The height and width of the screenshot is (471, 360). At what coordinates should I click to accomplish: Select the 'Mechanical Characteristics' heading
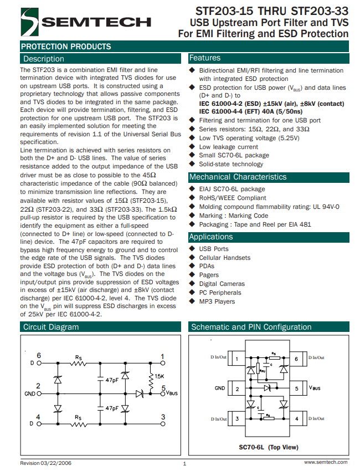click(x=238, y=177)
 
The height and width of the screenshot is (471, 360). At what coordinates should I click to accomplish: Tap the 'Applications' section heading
click(x=211, y=237)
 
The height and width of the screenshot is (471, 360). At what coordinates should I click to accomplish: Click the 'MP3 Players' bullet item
click(x=217, y=301)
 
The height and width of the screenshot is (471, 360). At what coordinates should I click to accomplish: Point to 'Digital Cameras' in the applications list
click(x=222, y=284)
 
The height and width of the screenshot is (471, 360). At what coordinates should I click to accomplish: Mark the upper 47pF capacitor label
click(x=111, y=380)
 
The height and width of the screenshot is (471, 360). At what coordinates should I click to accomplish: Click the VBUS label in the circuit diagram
click(x=171, y=394)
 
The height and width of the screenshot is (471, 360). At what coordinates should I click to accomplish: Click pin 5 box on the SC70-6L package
click(x=296, y=389)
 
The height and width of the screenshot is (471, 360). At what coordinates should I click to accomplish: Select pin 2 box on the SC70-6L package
click(x=237, y=389)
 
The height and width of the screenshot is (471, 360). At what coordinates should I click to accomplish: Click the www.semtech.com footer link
click(x=326, y=462)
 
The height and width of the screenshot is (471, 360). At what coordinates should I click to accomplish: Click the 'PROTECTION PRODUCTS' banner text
click(x=66, y=47)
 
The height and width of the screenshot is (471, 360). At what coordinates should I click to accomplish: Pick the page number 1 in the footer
click(x=184, y=463)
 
